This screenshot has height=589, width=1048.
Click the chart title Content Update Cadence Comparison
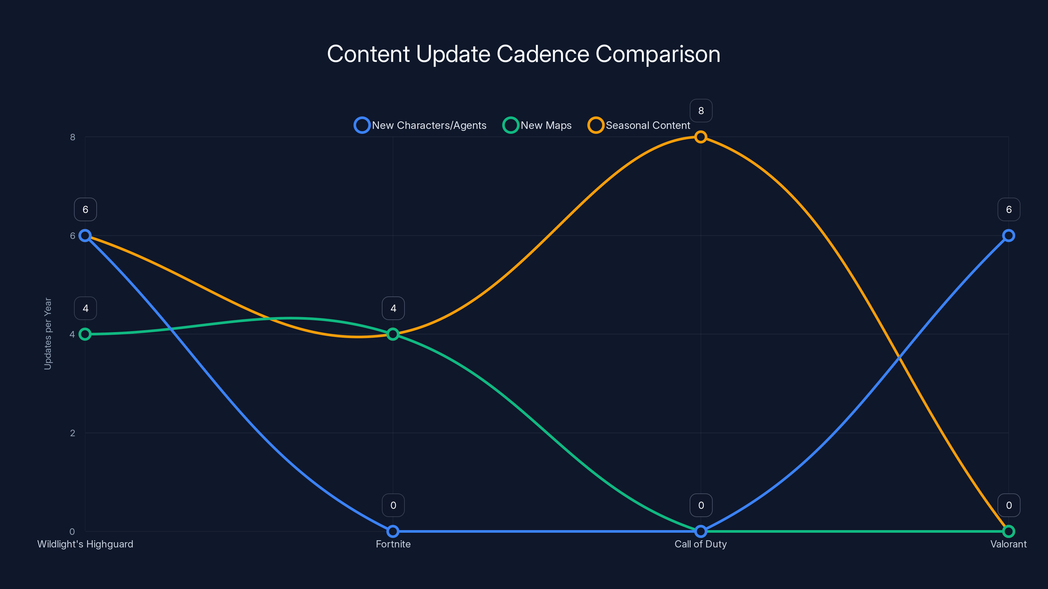point(524,54)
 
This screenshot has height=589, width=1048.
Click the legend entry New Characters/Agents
point(420,125)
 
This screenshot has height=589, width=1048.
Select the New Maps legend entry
point(537,125)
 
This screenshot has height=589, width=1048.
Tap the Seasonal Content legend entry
point(639,125)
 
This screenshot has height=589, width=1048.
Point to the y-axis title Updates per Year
point(47,334)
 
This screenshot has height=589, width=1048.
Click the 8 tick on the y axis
point(72,137)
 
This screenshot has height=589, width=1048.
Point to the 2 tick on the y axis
point(72,433)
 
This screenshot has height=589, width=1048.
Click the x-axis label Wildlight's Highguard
point(85,544)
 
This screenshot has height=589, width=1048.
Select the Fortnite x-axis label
point(393,544)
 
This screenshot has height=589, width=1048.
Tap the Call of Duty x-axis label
point(701,544)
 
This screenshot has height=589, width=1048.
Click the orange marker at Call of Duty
point(701,137)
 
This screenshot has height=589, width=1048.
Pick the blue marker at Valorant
point(1009,236)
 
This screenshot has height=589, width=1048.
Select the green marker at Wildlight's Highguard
point(85,334)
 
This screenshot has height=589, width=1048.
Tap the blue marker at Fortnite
point(393,531)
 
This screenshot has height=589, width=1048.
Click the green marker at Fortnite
point(393,334)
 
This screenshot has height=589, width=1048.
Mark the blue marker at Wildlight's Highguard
point(85,236)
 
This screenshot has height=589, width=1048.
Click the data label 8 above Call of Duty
point(701,111)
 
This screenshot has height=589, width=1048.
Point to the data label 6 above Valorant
point(1009,209)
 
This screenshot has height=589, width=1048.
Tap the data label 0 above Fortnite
point(393,505)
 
